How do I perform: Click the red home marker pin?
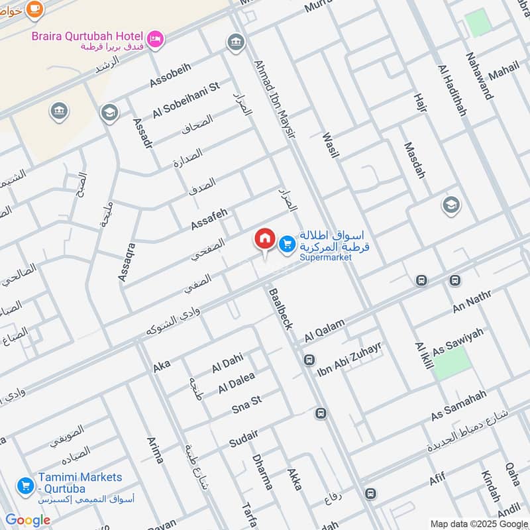[x=264, y=239]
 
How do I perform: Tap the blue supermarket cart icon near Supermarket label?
[x=286, y=245]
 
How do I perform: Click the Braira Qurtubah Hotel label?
[x=87, y=36]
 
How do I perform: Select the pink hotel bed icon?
[x=156, y=40]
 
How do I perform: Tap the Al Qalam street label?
[x=325, y=329]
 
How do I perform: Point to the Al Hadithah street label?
[x=452, y=90]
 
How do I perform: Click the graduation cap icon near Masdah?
[x=451, y=205]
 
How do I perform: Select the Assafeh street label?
[x=209, y=219]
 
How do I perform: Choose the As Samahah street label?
[x=458, y=405]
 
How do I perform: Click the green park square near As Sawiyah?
[x=452, y=363]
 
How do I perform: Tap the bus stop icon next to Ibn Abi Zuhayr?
[x=309, y=360]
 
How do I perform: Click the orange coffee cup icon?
[x=34, y=9]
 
